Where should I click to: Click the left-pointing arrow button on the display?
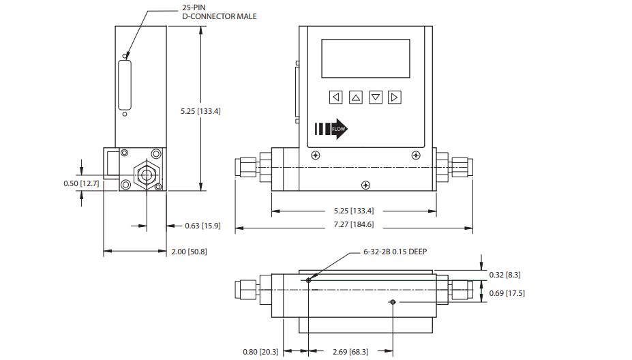335,97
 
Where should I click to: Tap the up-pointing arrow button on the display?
355,97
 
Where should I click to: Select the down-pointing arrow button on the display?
376,97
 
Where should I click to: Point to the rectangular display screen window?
365,59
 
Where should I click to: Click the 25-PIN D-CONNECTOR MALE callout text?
220,12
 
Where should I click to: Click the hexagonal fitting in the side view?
145,174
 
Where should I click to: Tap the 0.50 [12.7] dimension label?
81,184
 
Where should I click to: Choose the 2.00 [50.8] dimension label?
188,252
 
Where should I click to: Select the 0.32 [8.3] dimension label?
507,274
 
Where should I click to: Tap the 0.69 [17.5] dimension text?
507,293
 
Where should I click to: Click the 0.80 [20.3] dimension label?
260,352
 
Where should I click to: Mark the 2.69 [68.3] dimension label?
350,352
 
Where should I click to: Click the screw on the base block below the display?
366,184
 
